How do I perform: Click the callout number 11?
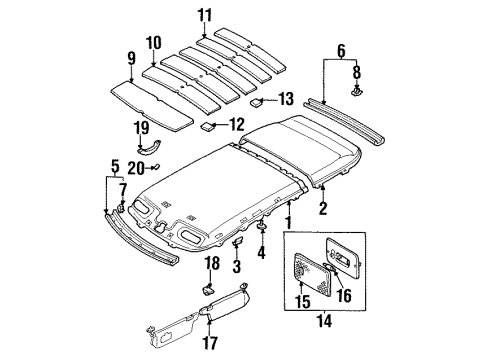click(x=204, y=16)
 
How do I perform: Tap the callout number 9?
click(x=132, y=58)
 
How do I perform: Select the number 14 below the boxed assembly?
click(x=325, y=321)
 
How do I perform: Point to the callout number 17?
click(x=210, y=343)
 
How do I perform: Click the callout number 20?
click(x=136, y=168)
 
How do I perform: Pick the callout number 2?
click(x=323, y=208)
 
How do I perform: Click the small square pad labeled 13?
click(x=257, y=101)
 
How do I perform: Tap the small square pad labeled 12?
click(x=206, y=127)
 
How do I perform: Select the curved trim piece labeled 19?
click(x=150, y=147)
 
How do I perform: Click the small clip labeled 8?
click(x=357, y=90)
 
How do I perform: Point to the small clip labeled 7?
click(x=121, y=207)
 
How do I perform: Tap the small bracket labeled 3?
click(x=238, y=241)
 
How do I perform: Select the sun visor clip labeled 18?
click(x=208, y=289)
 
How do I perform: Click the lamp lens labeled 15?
click(x=313, y=274)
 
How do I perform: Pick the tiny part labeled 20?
click(x=156, y=166)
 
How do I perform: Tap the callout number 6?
click(x=341, y=51)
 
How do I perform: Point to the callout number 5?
click(x=115, y=167)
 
